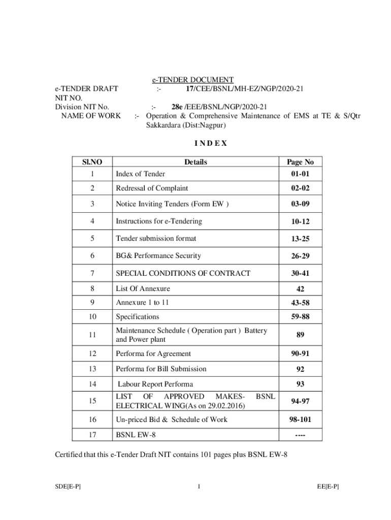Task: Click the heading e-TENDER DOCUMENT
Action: tap(193, 80)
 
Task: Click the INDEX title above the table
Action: tap(196, 143)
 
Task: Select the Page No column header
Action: tap(300, 162)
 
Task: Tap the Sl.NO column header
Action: tap(92, 162)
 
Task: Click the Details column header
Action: tap(195, 162)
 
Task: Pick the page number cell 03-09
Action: tap(300, 204)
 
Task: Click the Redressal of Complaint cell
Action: tap(152, 188)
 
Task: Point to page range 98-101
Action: tap(300, 419)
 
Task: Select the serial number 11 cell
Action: tap(92, 335)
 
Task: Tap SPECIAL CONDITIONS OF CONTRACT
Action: tap(183, 273)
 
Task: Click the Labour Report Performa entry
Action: tap(155, 384)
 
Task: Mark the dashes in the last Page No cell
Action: tap(300, 435)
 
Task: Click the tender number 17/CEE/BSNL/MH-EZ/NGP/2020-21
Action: tap(245, 88)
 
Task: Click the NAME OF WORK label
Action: tap(90, 116)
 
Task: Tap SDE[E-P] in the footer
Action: tap(68, 487)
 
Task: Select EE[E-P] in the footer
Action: tap(328, 487)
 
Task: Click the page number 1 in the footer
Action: tap(199, 487)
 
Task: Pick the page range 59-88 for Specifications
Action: tap(300, 317)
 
